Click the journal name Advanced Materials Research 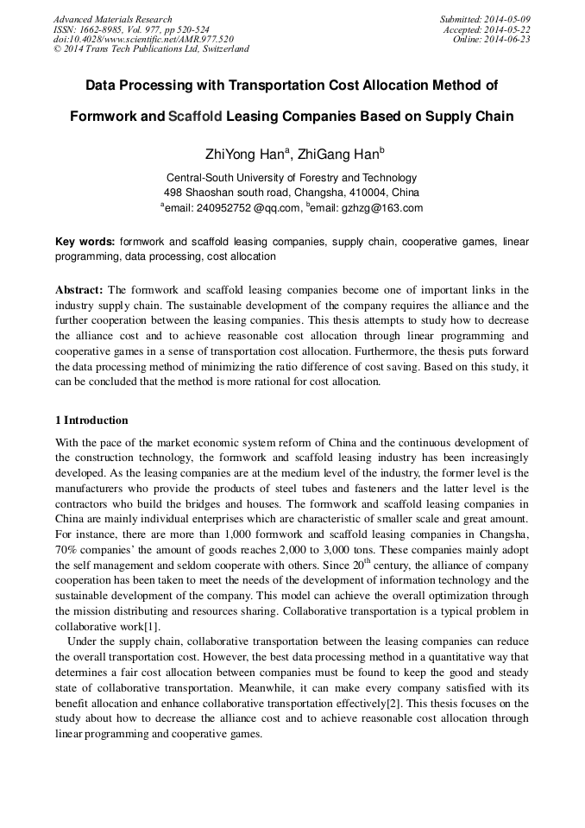coord(112,19)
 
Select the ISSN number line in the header coord(131,29)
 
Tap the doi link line coord(143,39)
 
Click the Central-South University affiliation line coord(291,177)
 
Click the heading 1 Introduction coord(91,420)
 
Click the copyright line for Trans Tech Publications coord(151,49)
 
